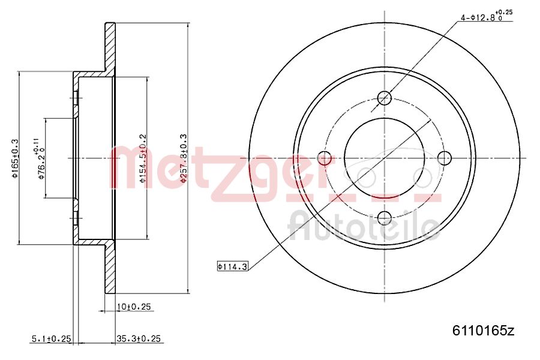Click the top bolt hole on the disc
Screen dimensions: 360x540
click(385, 98)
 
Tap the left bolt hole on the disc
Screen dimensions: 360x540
click(325, 158)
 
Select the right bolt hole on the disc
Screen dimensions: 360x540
click(445, 158)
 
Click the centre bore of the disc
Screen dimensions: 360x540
click(385, 158)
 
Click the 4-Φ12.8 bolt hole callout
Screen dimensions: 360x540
click(480, 18)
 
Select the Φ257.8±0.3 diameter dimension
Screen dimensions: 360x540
click(184, 158)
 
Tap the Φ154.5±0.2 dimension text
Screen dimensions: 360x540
click(142, 158)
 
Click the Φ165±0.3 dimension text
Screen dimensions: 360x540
click(16, 158)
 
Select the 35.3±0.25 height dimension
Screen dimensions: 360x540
click(138, 339)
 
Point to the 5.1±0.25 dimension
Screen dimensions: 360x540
click(51, 339)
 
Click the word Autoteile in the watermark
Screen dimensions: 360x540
click(363, 226)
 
